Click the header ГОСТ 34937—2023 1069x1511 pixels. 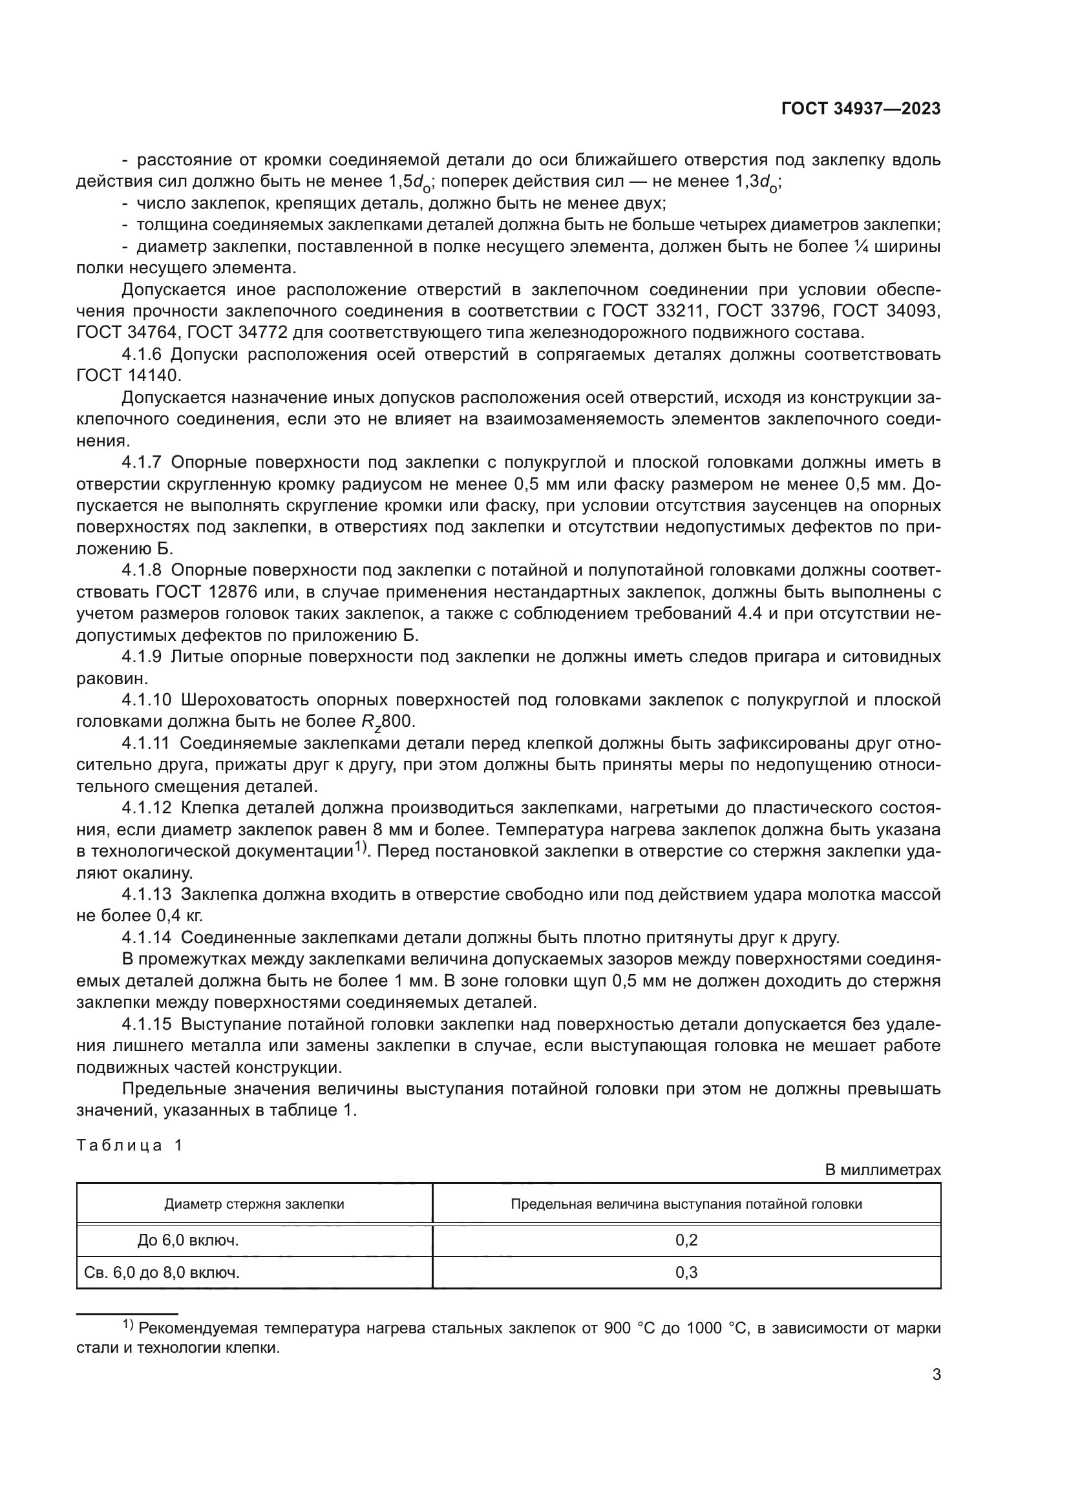[860, 109]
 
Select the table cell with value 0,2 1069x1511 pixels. [686, 1240]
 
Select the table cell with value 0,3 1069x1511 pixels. [686, 1272]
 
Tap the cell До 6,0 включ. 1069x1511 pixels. [187, 1240]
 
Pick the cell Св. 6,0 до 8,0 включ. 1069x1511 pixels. [162, 1272]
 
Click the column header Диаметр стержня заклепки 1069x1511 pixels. [254, 1204]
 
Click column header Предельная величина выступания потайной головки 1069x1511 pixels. [686, 1204]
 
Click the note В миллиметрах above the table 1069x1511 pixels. [882, 1169]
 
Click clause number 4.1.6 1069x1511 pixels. [142, 355]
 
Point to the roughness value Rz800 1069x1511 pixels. [388, 722]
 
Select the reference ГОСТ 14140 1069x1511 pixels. [128, 376]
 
